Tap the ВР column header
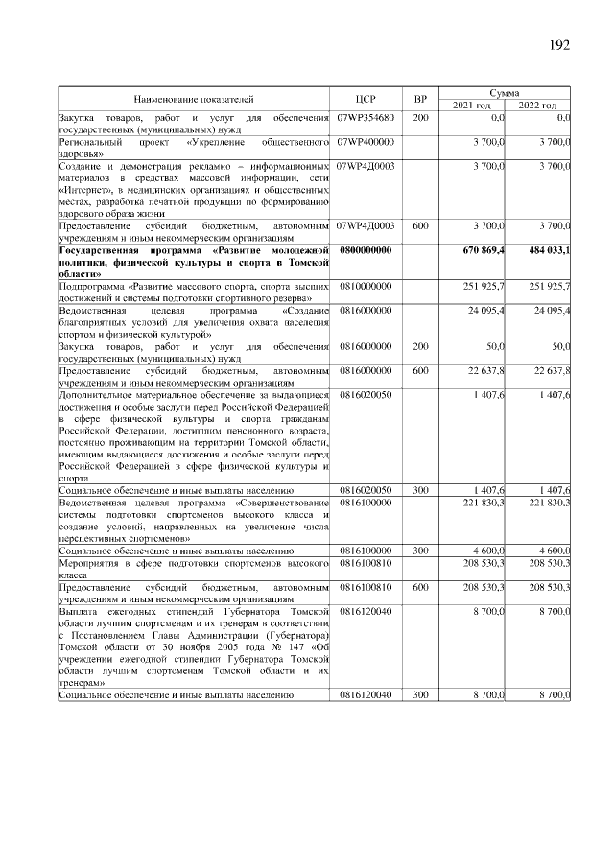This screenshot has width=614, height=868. point(419,99)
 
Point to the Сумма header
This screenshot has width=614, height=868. point(505,93)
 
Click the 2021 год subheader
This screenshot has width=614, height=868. point(471,105)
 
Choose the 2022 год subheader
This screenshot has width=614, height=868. point(537,105)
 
